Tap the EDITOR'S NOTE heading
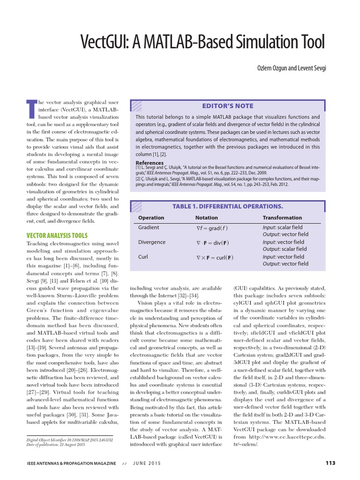(227, 106)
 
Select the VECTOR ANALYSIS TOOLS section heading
(57, 235)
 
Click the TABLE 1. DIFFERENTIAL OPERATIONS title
(227, 206)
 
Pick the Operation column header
(151, 217)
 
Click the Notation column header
(206, 217)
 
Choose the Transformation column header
(282, 217)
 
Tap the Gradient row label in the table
(149, 227)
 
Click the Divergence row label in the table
(152, 242)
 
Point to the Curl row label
(143, 257)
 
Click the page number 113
(330, 463)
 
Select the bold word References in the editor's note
(150, 163)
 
